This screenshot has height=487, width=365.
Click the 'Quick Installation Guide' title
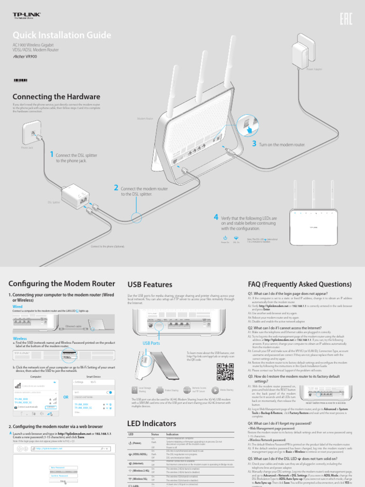pos(62,36)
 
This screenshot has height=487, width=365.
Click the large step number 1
pos(51,154)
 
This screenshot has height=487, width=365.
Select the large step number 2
pos(116,188)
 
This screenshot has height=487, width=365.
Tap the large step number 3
pos(254,144)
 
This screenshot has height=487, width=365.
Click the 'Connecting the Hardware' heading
pos(56,97)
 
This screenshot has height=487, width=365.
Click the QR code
pos(225,372)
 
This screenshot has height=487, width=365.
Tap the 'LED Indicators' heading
pos(152,423)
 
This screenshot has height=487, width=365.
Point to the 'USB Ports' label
pos(151,343)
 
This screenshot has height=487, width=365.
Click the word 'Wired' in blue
pos(17,307)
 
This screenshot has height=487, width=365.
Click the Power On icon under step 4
pos(225,237)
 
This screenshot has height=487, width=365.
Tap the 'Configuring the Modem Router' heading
pos(62,284)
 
